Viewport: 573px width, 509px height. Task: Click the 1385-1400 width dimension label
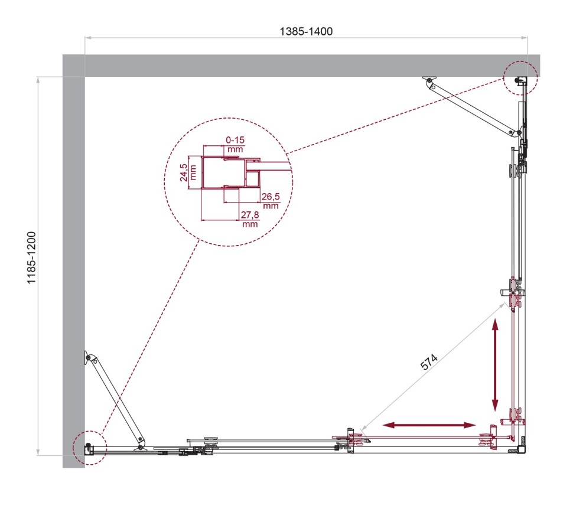pos(307,31)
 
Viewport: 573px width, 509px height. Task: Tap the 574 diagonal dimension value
pos(429,362)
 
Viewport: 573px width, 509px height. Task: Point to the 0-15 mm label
pos(235,145)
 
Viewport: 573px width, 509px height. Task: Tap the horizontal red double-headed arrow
pos(429,425)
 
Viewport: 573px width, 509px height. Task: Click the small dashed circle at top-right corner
pos(520,77)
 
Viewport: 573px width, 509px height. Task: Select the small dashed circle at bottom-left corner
pos(88,447)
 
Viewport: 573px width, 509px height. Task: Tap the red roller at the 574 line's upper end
pos(516,301)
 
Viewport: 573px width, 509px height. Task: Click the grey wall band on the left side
pos(73,266)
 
